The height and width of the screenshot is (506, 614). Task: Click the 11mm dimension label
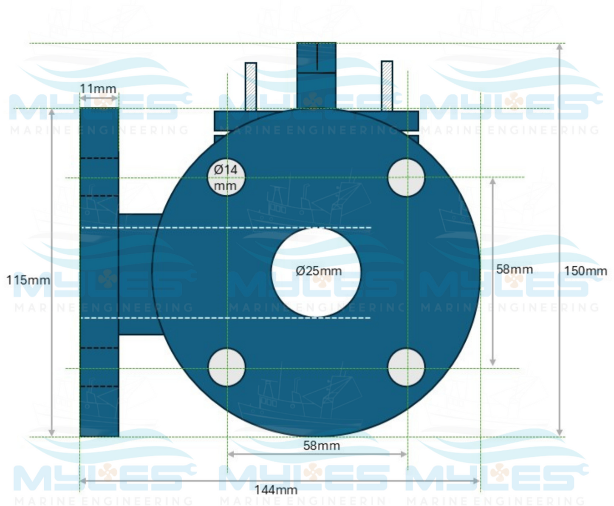[x=98, y=88]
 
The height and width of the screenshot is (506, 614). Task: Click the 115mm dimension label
[x=28, y=280]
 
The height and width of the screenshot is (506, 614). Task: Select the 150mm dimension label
[x=585, y=271]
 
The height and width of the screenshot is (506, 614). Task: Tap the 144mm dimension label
[x=276, y=490]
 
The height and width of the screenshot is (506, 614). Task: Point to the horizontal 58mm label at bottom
[x=321, y=445]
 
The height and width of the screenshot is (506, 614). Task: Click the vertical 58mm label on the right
[x=514, y=269]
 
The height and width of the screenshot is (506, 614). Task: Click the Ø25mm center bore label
[x=318, y=271]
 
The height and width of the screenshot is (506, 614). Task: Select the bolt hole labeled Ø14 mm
[x=226, y=177]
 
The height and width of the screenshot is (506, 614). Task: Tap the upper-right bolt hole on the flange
[x=406, y=177]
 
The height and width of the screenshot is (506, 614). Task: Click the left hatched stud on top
[x=251, y=86]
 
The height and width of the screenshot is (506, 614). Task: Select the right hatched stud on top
[x=387, y=85]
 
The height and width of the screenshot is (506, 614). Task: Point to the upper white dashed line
[x=225, y=228]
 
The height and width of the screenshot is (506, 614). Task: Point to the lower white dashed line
[x=225, y=318]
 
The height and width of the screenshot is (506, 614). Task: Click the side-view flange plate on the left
[x=99, y=272]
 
